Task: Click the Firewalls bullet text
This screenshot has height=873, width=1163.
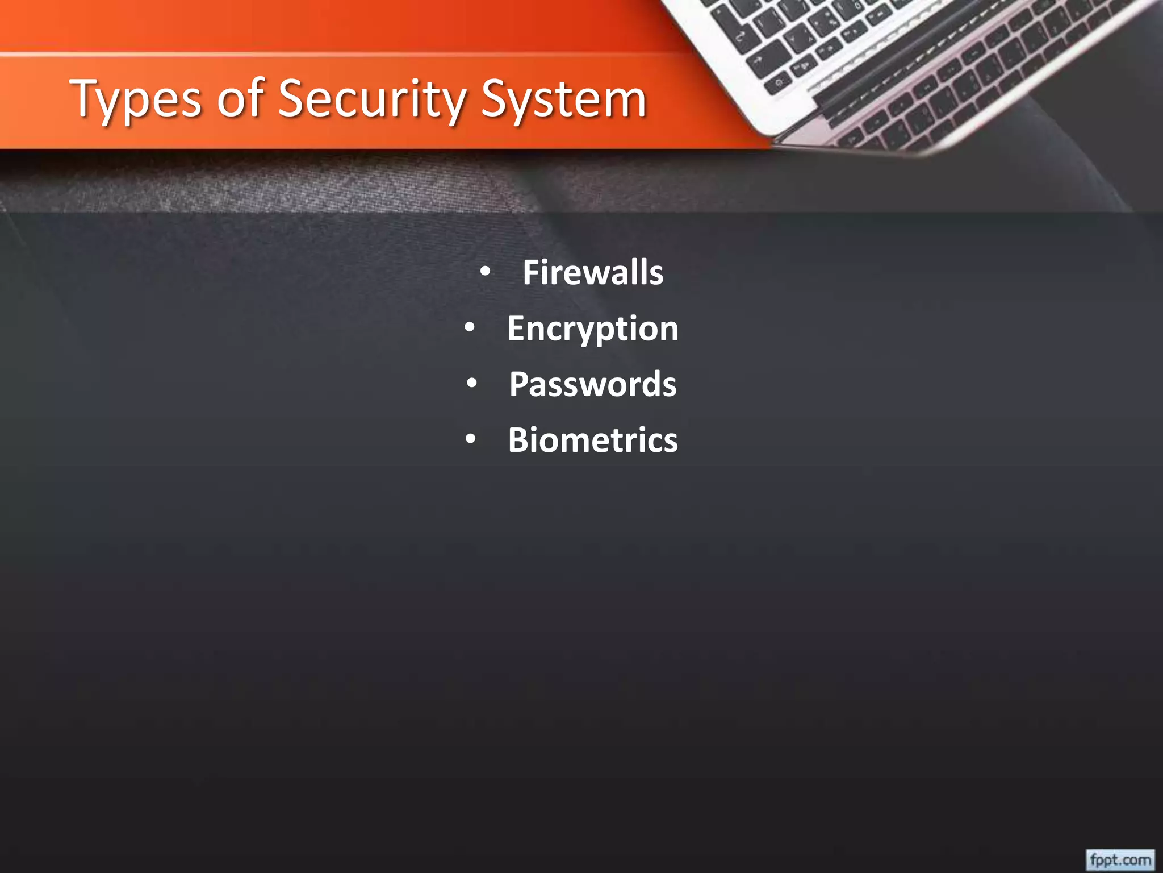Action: point(593,272)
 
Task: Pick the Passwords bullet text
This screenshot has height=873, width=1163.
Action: point(593,384)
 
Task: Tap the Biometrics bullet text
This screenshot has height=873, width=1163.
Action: point(593,440)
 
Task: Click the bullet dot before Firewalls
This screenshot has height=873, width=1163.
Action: point(484,272)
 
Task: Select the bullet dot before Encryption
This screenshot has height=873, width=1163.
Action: point(469,327)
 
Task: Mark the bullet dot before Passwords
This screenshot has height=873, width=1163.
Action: point(471,384)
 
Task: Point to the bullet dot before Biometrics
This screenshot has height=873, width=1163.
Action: point(470,439)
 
